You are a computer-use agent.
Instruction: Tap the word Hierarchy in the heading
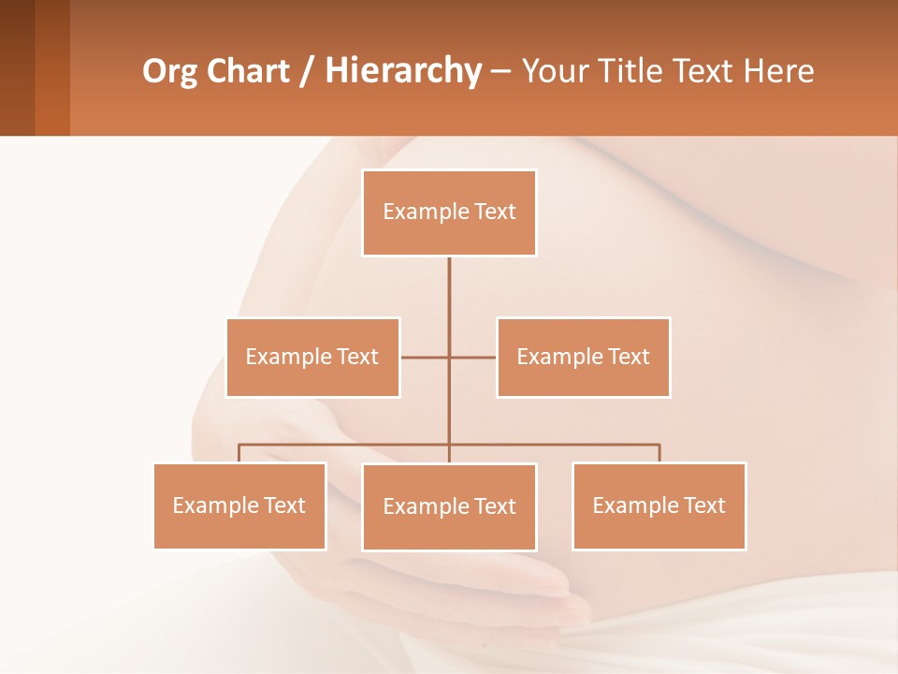pos(403,71)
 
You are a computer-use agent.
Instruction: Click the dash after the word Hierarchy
pos(500,71)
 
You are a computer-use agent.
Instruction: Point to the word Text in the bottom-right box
pos(704,505)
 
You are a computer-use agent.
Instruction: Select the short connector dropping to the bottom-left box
pos(239,453)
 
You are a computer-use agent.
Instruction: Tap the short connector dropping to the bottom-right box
pos(659,453)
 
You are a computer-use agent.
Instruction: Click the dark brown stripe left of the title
pos(17,67)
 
